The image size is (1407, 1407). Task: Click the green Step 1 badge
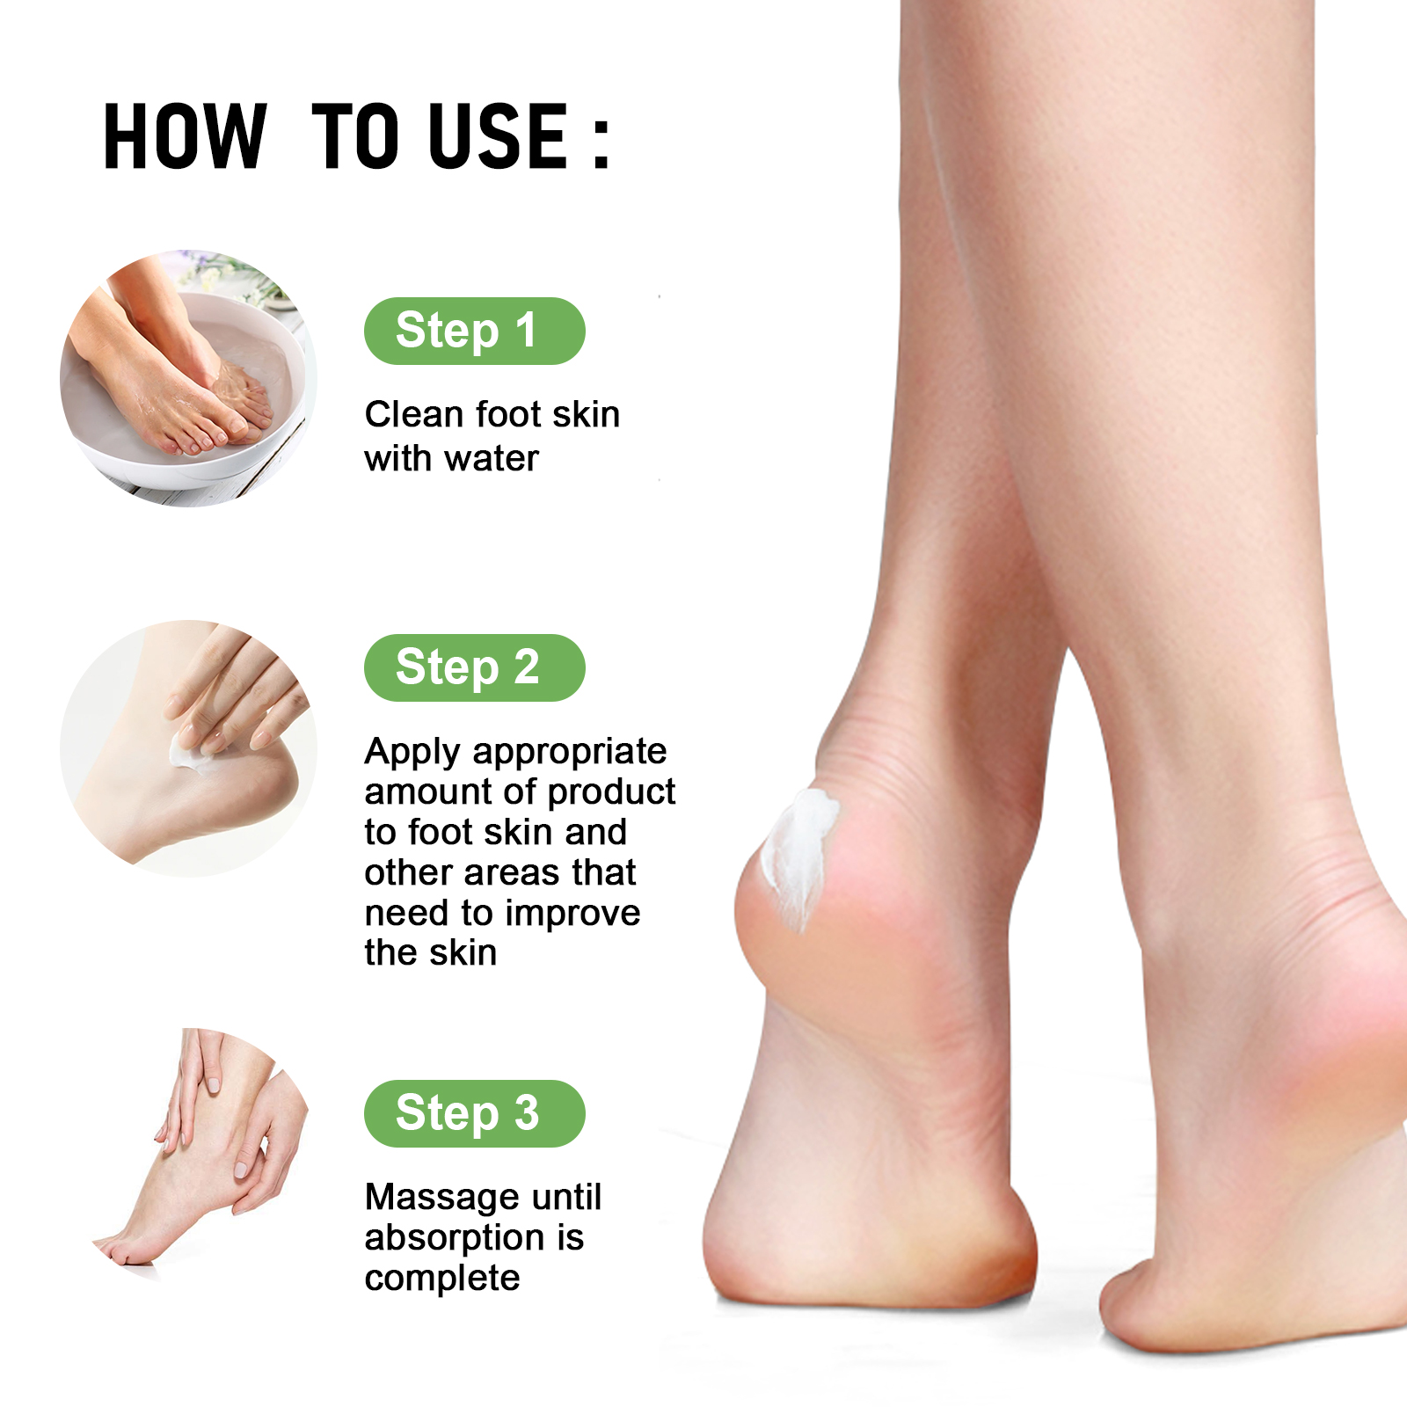[475, 331]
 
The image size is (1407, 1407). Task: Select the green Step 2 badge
[475, 667]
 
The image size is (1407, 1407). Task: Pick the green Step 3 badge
[475, 1113]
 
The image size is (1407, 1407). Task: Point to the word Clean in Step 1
[414, 414]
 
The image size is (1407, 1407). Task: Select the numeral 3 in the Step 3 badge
[526, 1112]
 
